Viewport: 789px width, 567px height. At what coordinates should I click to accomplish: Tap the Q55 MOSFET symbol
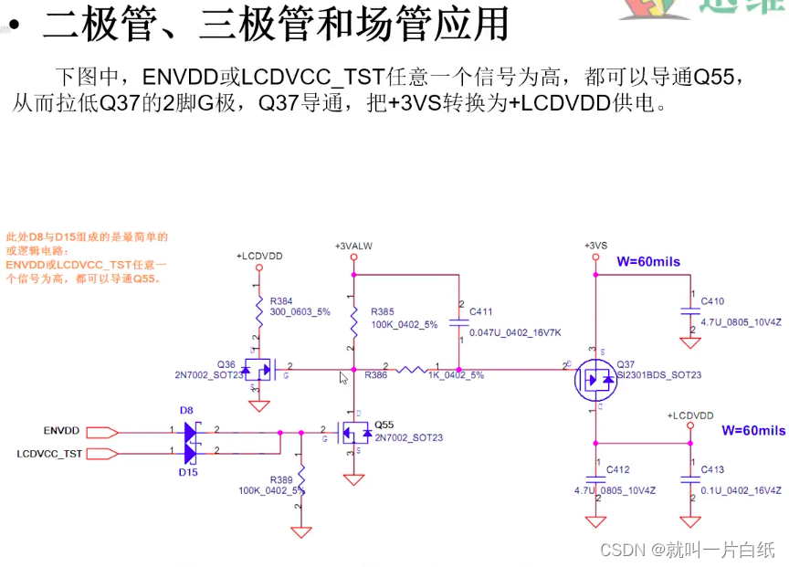tap(353, 432)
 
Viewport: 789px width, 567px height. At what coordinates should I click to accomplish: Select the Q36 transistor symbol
tap(259, 370)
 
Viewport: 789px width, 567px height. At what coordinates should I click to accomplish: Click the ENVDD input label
tap(61, 430)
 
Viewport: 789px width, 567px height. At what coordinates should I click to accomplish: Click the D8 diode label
tap(186, 411)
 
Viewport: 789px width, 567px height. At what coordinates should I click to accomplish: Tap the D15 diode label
tap(188, 472)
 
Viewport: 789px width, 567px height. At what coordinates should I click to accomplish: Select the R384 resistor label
tap(281, 300)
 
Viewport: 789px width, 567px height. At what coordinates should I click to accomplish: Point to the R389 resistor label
tap(281, 479)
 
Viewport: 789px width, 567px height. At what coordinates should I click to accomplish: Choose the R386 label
tap(375, 375)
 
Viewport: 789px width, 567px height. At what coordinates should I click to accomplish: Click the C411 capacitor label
tap(481, 311)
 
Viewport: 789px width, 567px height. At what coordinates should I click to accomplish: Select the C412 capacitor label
tap(617, 469)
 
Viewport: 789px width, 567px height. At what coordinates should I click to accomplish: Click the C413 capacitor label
tap(712, 469)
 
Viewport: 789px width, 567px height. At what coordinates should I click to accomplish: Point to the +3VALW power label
tap(353, 247)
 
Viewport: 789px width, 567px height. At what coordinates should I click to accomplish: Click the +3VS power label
tap(595, 246)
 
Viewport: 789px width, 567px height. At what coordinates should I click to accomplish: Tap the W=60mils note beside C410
tap(648, 262)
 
